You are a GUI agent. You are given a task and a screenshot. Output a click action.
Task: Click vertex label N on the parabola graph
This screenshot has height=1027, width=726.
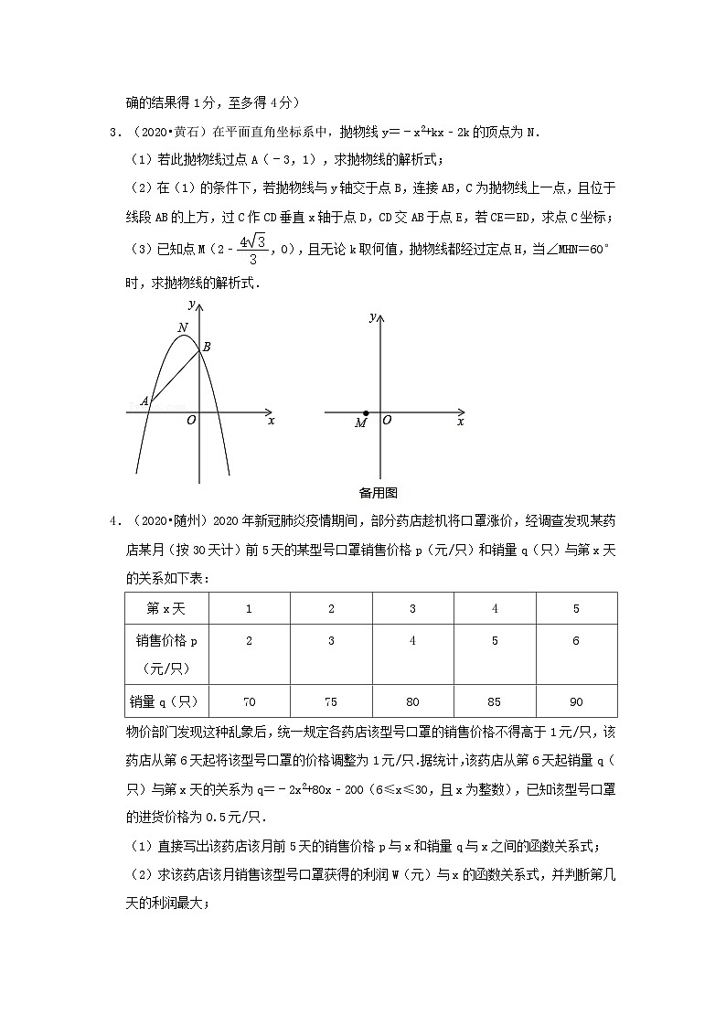click(183, 327)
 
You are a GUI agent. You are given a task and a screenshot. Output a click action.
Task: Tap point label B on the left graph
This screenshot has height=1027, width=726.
click(207, 347)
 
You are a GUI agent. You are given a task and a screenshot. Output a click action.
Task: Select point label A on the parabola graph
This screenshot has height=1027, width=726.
click(144, 401)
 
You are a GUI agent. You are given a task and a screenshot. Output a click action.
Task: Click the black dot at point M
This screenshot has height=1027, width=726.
click(366, 413)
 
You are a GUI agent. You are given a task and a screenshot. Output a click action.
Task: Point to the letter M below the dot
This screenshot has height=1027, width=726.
click(360, 423)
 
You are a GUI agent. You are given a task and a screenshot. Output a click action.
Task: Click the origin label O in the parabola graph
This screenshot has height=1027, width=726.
click(190, 421)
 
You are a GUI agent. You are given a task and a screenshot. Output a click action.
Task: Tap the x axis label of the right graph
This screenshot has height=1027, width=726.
click(460, 422)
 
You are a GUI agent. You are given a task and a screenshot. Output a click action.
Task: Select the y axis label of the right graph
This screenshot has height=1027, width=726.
click(372, 316)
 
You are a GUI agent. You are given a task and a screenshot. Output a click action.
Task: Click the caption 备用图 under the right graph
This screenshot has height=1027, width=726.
click(378, 492)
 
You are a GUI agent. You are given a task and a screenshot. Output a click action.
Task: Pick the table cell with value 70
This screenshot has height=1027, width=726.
click(249, 701)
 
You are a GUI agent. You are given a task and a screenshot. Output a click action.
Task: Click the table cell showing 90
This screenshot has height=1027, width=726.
click(576, 701)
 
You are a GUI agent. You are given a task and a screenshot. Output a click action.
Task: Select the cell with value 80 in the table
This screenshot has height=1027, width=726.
click(412, 701)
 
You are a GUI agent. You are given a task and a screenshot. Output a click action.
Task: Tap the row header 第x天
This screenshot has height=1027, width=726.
click(166, 608)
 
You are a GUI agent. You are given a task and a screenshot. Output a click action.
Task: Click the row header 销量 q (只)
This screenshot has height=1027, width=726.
click(166, 701)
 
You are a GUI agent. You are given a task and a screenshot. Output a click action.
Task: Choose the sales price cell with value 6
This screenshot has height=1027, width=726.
click(576, 641)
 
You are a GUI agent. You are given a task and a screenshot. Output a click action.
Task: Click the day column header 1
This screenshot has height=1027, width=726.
click(249, 608)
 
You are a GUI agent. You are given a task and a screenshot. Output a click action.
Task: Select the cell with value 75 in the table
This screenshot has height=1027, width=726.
click(331, 701)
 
